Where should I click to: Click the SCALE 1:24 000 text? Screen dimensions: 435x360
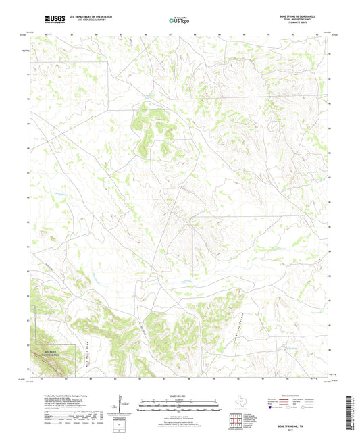(180, 395)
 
